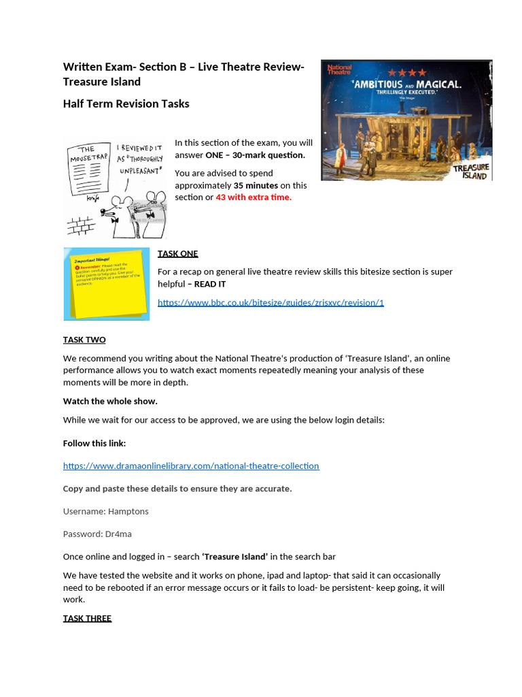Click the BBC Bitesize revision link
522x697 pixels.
(x=271, y=302)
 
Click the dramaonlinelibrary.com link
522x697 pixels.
(x=191, y=466)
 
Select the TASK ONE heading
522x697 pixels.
(x=177, y=254)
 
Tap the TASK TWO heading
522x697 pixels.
(x=84, y=340)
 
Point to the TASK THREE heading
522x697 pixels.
(x=87, y=618)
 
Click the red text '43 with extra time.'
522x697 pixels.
(x=254, y=197)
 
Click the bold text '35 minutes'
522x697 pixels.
(x=256, y=185)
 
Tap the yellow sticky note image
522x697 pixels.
(x=106, y=284)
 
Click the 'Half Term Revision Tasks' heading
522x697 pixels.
(x=126, y=104)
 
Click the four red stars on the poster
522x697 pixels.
(x=413, y=72)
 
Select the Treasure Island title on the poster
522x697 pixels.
(x=470, y=171)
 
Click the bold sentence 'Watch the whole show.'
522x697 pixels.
(x=110, y=401)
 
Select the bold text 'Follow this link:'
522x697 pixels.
(x=94, y=443)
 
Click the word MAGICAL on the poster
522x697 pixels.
(x=435, y=84)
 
